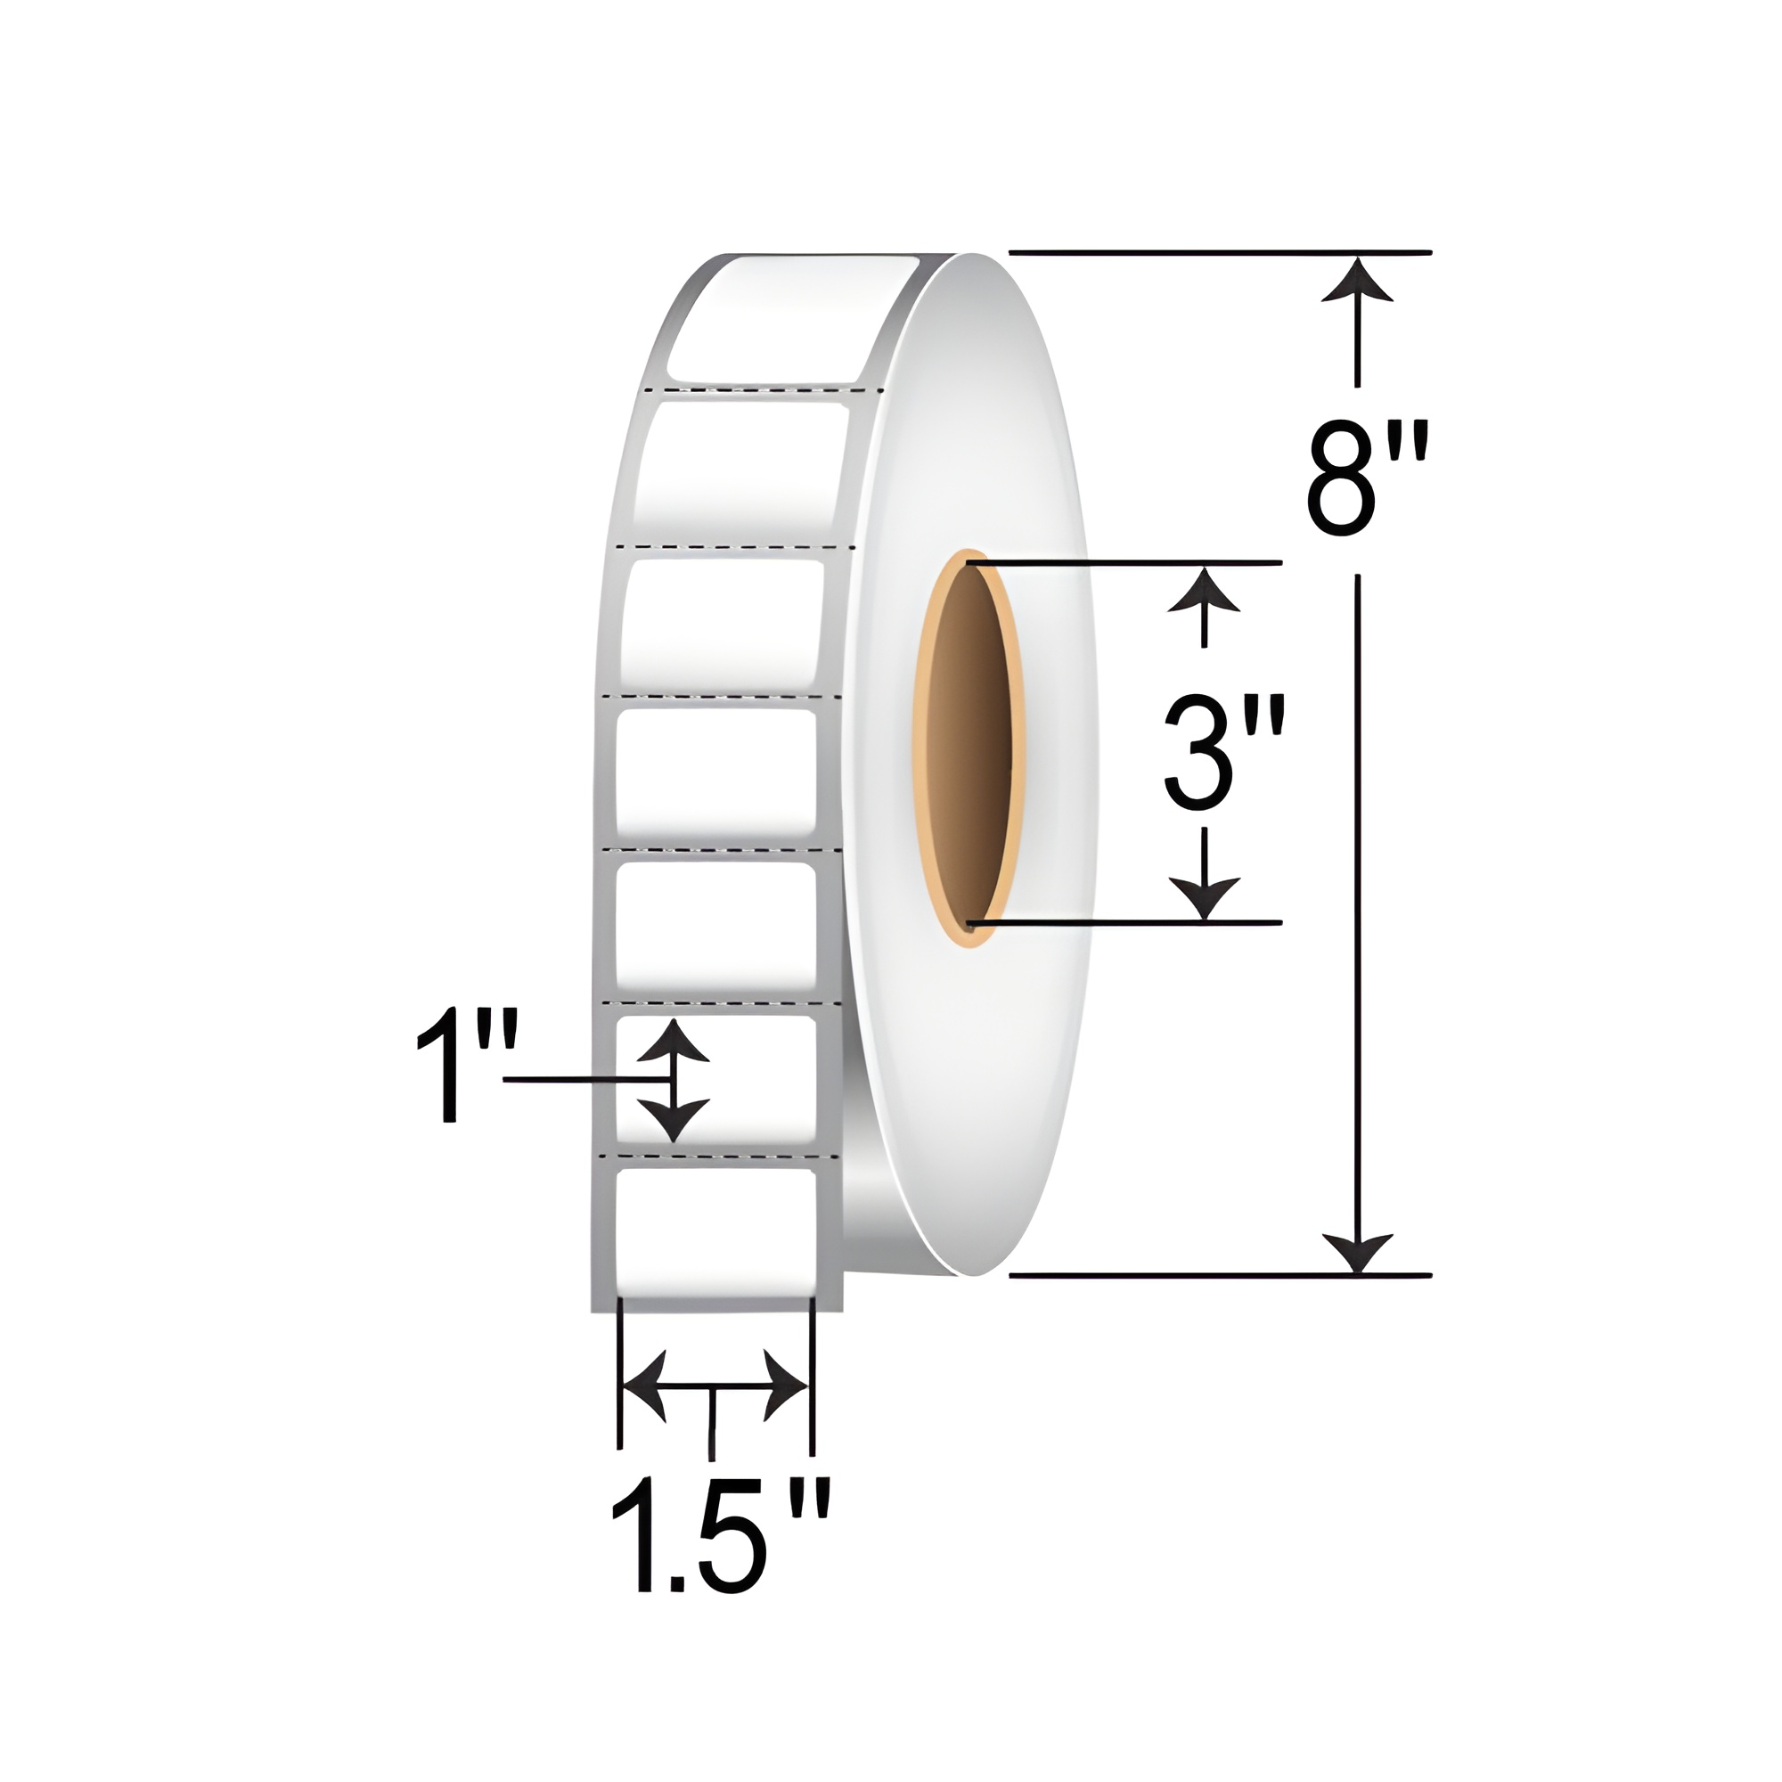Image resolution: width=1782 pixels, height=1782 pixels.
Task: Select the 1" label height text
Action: (x=467, y=1067)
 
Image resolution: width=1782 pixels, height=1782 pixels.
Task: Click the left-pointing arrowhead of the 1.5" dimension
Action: (x=645, y=1386)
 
